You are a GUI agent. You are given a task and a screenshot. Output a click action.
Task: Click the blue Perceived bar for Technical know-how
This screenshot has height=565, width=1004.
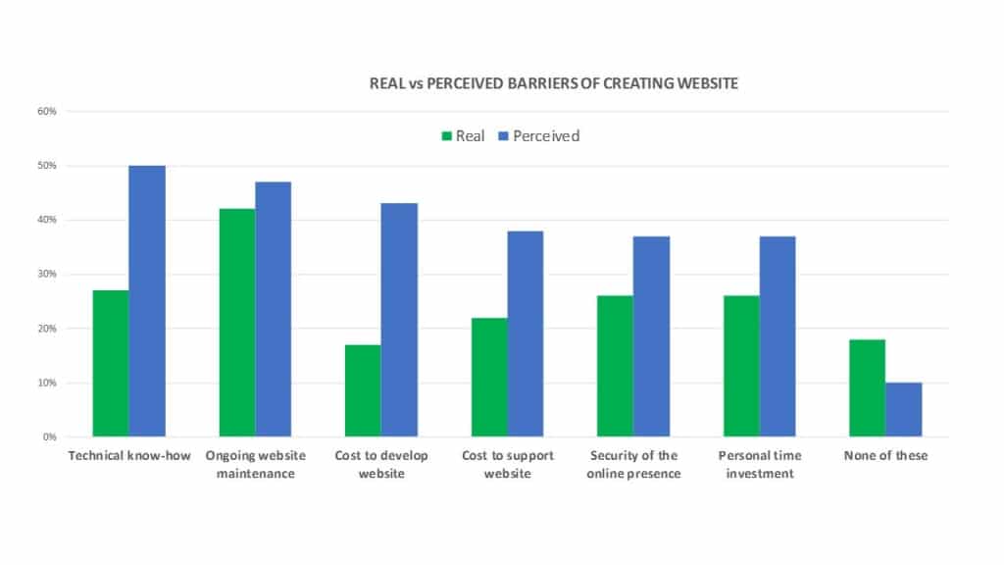[x=147, y=301]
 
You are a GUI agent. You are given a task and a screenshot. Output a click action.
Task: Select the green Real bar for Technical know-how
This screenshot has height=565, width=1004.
[x=111, y=363]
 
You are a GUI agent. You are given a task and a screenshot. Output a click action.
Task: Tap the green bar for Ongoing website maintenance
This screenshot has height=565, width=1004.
[x=236, y=323]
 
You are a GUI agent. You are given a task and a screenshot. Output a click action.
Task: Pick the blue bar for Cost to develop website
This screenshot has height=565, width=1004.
[x=399, y=320]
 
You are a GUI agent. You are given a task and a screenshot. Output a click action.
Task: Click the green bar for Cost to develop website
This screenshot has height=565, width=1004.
[x=363, y=390]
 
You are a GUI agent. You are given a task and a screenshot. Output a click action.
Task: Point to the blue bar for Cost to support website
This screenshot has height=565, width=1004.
[x=526, y=334]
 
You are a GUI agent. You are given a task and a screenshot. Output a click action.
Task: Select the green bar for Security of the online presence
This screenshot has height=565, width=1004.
[x=615, y=366]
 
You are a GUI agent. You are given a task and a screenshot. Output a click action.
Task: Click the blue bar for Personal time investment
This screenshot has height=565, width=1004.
[x=778, y=336]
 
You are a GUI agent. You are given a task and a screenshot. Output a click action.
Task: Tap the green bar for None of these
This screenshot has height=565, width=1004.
[x=867, y=387]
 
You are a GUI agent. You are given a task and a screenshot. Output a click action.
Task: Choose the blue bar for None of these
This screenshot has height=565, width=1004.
[x=904, y=409]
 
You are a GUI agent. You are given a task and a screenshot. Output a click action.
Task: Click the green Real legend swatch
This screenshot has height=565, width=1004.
[x=447, y=136]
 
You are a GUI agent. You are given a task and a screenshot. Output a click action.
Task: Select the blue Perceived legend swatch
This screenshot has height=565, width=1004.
[x=504, y=136]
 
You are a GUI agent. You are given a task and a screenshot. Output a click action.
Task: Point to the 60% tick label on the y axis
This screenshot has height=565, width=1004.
[x=47, y=112]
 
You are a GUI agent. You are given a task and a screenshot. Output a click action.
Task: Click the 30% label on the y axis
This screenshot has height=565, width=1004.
[x=47, y=275]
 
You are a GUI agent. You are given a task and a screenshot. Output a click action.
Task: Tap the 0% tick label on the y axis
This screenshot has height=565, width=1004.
[x=50, y=437]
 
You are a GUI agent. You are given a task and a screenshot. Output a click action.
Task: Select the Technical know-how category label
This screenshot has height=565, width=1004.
[x=129, y=456]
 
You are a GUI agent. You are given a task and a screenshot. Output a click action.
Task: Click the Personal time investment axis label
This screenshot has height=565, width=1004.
[x=760, y=465]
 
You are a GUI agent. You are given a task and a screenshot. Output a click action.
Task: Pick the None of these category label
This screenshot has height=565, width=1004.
[x=885, y=456]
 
